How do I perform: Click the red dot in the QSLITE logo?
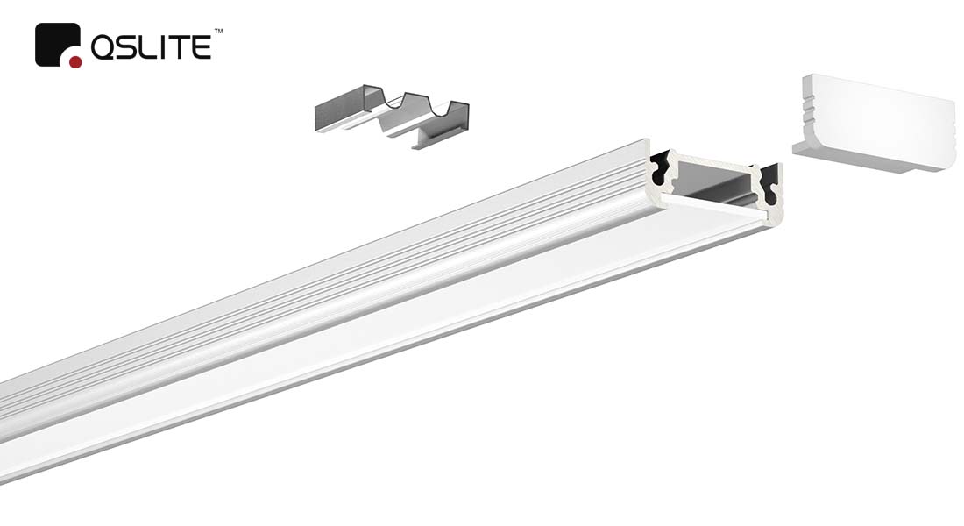75,61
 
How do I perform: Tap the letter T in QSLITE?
183,48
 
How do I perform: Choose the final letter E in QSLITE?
203,48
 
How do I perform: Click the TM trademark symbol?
218,30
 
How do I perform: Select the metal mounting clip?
392,117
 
